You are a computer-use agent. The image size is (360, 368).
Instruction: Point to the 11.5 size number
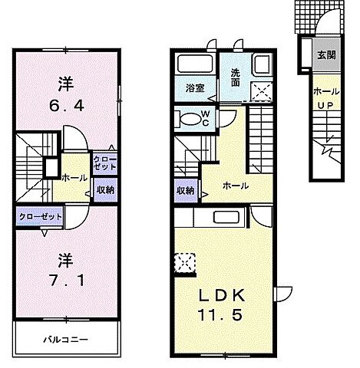coord(223,315)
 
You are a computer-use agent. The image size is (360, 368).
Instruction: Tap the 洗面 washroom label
coord(236,77)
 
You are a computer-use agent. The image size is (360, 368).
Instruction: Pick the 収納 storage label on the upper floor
coord(104,189)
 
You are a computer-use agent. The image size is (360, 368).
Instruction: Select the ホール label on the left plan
coord(72,176)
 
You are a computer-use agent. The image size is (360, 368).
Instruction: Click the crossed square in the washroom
coord(263,92)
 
